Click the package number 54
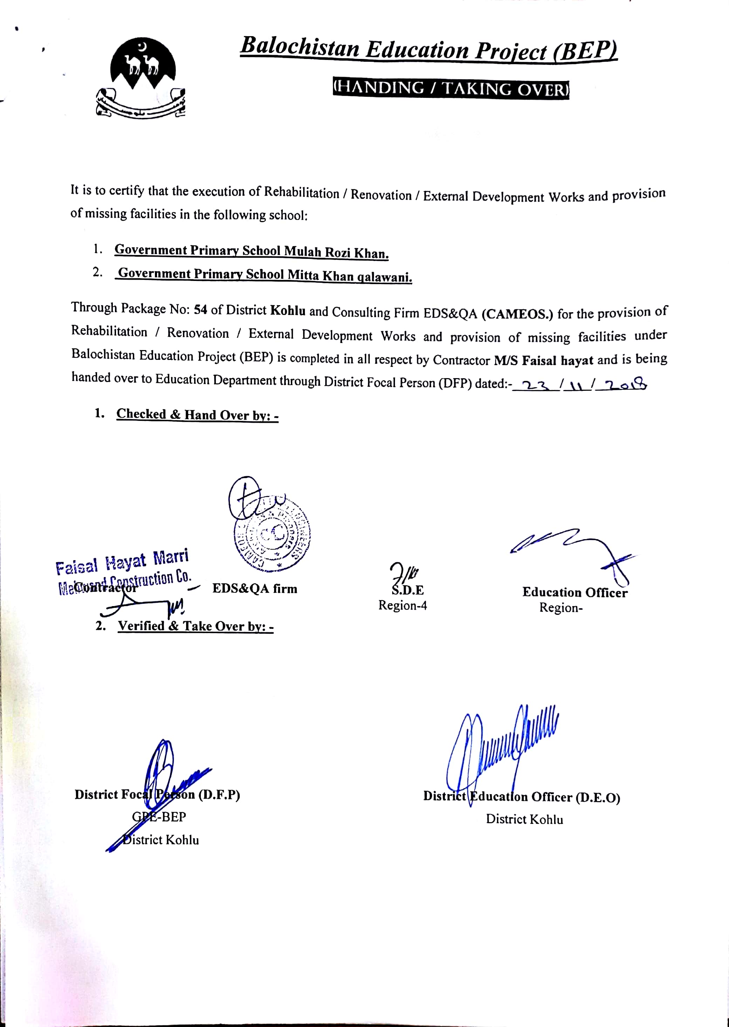tap(200, 309)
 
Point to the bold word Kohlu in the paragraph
tap(288, 310)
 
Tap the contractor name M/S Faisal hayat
tap(543, 360)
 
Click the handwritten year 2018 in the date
tap(625, 384)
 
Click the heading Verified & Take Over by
tap(196, 626)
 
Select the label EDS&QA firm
tap(254, 589)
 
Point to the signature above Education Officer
tap(574, 552)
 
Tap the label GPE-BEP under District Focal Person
tap(159, 817)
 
